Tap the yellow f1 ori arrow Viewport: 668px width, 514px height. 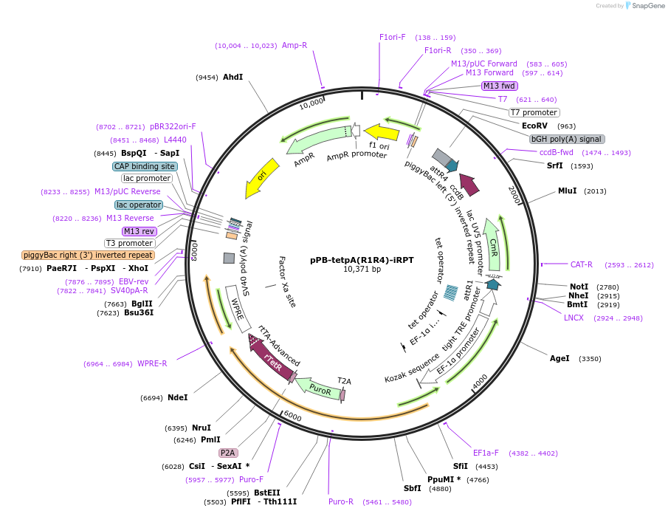click(382, 132)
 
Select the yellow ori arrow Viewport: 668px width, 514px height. click(262, 177)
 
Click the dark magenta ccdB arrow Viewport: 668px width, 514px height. click(469, 184)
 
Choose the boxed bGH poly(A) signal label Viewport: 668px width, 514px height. click(567, 139)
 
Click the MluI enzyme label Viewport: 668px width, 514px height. click(567, 191)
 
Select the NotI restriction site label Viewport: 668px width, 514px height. click(579, 287)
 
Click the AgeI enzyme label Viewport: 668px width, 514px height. click(559, 359)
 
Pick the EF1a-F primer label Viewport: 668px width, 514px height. click(486, 453)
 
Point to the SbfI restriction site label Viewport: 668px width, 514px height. click(412, 488)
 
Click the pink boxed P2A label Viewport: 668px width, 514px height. click(227, 453)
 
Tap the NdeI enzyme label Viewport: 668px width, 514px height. click(177, 397)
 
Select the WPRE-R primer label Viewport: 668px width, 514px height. click(152, 363)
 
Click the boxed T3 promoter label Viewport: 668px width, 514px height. click(130, 243)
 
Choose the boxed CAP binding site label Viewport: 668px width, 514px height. click(145, 166)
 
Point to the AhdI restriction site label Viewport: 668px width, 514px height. click(233, 77)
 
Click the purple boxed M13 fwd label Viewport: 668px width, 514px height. click(499, 86)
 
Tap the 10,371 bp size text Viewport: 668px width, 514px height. click(362, 270)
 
